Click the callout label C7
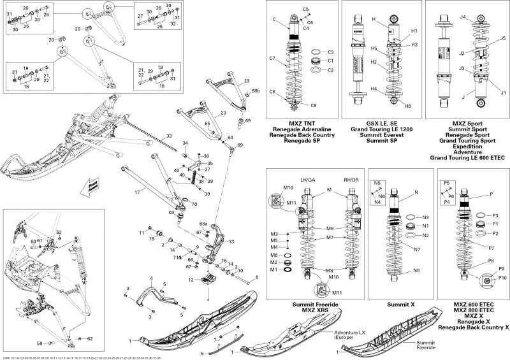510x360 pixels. click(272, 59)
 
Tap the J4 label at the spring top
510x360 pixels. click(463, 17)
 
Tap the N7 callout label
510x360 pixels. click(416, 250)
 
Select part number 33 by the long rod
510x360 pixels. click(168, 136)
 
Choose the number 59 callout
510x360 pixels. click(40, 343)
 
